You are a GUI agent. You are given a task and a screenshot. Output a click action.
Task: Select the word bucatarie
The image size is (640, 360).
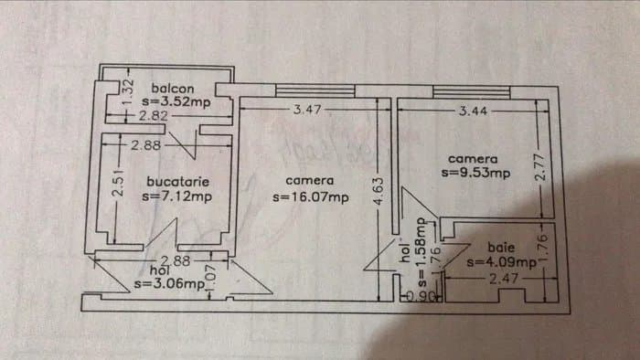176,181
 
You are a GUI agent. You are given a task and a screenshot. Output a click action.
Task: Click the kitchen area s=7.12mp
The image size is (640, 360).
177,195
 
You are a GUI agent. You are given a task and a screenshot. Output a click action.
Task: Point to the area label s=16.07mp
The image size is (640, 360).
311,196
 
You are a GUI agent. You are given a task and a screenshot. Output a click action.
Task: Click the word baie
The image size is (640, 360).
501,247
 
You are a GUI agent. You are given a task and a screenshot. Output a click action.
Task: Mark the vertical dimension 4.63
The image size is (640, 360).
377,195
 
